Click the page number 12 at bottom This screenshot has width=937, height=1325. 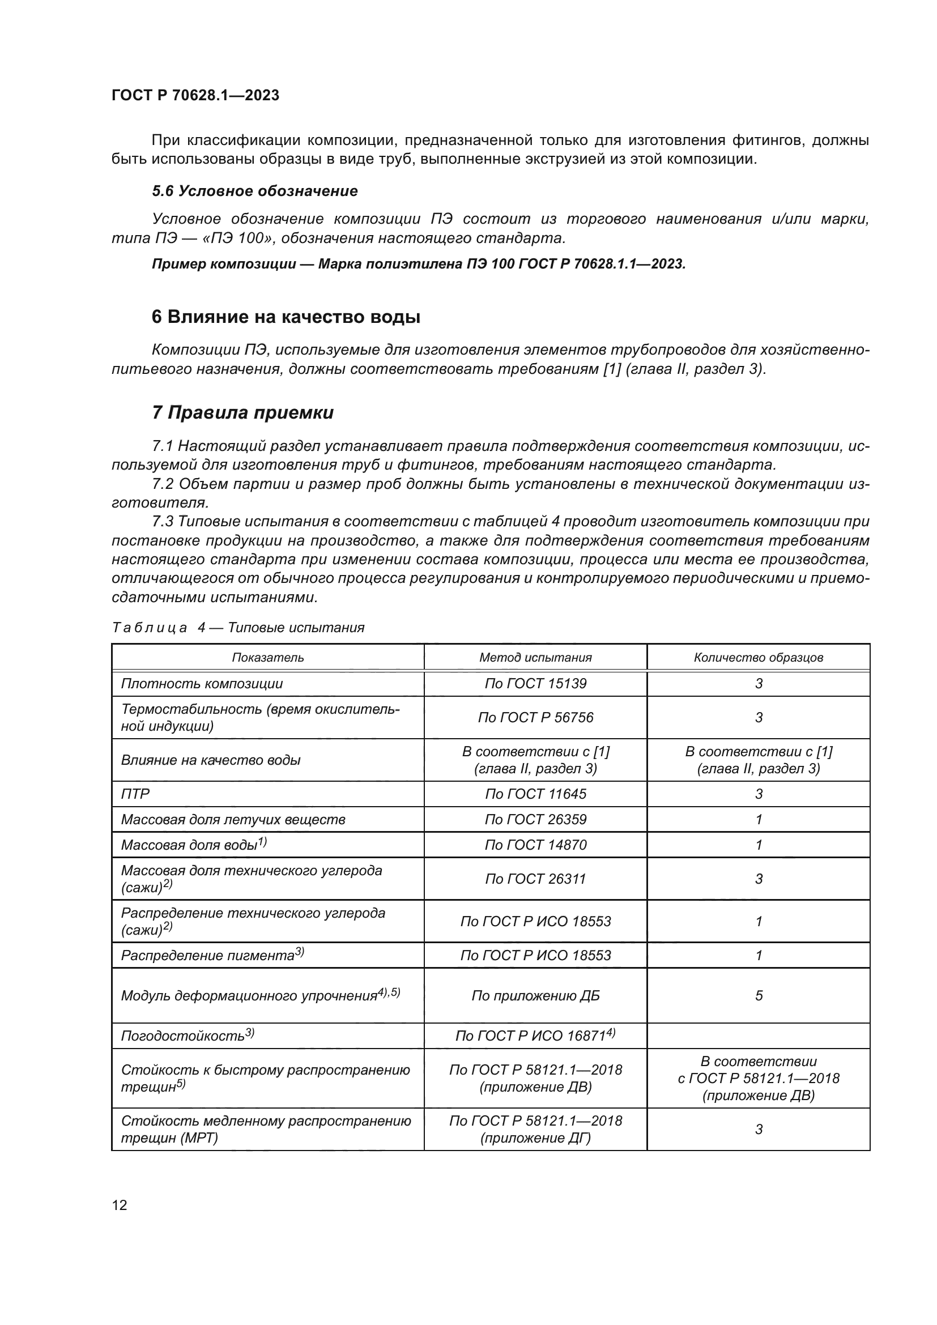click(120, 1205)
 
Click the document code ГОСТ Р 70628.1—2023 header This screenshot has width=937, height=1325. click(195, 95)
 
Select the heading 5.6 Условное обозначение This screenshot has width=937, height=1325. click(254, 191)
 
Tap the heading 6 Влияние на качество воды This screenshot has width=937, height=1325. click(286, 317)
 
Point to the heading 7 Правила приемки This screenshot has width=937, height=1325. click(242, 412)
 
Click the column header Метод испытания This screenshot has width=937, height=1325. click(535, 657)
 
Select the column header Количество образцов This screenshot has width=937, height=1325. click(758, 657)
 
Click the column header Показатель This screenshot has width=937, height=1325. click(268, 657)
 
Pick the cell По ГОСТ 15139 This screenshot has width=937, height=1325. click(535, 683)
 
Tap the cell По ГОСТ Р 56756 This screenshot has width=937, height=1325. click(535, 717)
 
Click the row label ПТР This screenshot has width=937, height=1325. click(135, 794)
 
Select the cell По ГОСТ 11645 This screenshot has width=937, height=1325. click(535, 794)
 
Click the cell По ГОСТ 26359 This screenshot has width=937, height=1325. click(535, 820)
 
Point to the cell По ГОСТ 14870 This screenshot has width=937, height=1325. click(535, 845)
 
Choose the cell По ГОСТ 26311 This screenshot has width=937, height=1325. click(535, 879)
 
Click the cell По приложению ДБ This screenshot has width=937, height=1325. click(535, 995)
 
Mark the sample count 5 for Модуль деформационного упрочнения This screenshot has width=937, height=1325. click(758, 995)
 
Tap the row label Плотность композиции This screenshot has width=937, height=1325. click(202, 684)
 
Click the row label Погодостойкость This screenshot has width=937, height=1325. click(184, 1037)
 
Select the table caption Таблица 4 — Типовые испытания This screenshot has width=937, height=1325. click(238, 627)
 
